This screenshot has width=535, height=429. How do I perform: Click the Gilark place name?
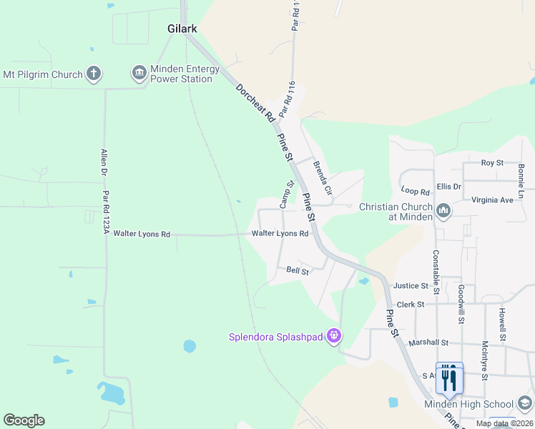182,29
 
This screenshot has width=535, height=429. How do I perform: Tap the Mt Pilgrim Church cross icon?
93,73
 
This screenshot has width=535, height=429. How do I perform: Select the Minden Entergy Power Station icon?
139,73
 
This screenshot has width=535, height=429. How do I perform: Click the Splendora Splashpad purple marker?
333,335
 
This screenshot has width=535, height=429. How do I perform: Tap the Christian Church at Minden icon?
443,211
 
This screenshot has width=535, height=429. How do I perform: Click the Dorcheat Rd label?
255,103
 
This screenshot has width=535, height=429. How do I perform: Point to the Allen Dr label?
104,163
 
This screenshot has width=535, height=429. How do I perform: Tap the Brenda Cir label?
323,179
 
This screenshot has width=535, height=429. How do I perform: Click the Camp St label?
287,194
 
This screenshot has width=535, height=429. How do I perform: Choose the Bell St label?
297,271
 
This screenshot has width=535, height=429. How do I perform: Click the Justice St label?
410,286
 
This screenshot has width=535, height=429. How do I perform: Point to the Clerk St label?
410,304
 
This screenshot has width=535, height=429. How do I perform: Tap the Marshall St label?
428,342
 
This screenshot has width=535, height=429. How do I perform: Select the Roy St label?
492,163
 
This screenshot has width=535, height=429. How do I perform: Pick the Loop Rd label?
415,192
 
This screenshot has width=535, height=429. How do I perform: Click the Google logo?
24,420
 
